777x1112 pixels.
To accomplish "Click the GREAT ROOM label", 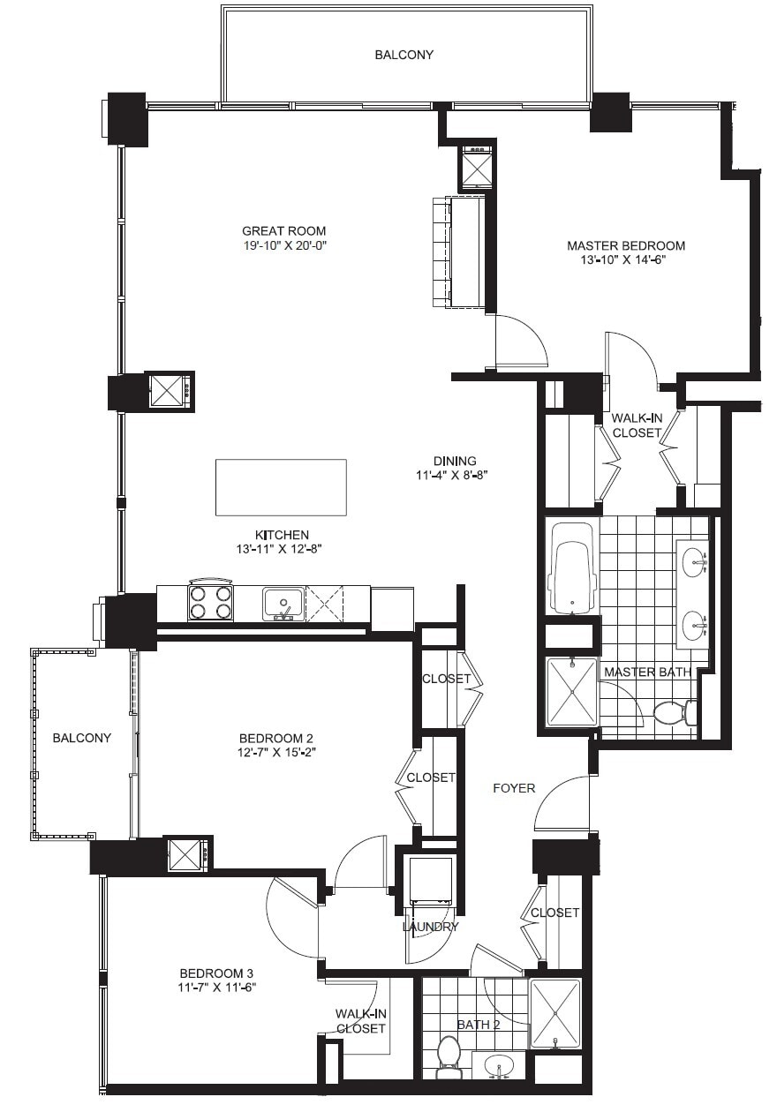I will pos(277,231).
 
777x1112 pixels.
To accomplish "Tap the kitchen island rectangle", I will pos(281,487).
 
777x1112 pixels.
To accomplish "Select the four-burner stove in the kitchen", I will pos(210,602).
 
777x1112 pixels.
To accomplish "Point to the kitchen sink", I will pos(283,604).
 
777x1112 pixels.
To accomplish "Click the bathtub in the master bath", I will pos(572,567).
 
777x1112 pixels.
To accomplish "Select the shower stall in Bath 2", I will pos(555,1013).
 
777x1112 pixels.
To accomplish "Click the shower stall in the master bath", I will pos(571,692).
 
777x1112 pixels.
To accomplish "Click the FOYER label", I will pos(514,787).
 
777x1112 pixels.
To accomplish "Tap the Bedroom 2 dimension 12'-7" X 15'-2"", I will pos(277,753).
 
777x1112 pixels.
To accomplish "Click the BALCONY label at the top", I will pos(404,55).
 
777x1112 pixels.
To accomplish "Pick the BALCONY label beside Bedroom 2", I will pos(81,738).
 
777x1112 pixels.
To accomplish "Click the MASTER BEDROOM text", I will pos(625,245).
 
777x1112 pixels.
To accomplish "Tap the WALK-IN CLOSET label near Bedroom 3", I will pos(360,1021).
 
